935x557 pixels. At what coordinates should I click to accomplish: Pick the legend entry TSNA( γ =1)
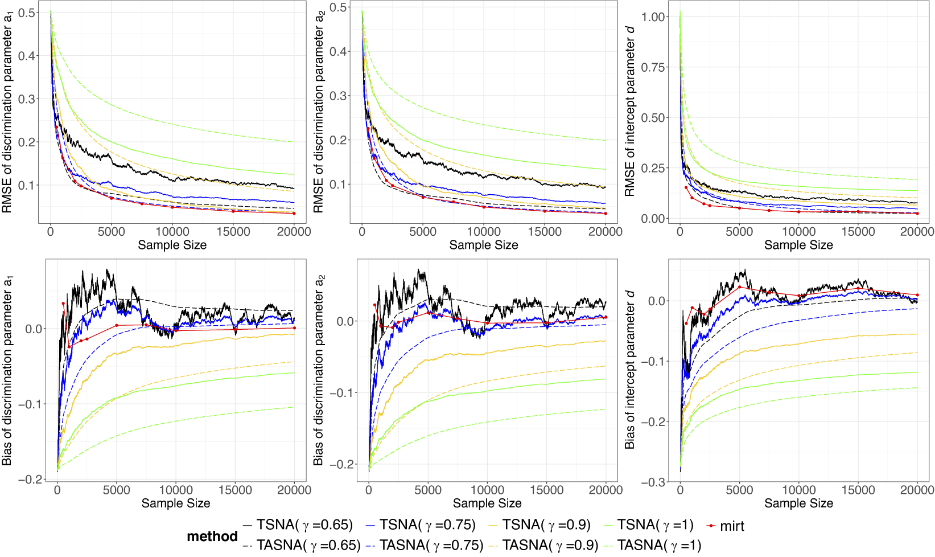[x=655, y=525]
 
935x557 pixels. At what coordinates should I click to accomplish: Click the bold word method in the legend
[x=212, y=536]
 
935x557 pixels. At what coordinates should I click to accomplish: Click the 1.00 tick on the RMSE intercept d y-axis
[x=653, y=17]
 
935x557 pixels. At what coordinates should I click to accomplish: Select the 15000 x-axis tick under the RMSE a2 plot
[x=545, y=231]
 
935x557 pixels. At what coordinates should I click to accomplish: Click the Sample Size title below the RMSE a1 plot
[x=172, y=245]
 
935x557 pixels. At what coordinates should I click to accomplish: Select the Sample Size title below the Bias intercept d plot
[x=798, y=503]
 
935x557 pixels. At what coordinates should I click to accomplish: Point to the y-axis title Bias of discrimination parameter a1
[x=7, y=370]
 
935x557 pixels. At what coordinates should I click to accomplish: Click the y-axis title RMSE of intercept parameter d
[x=630, y=111]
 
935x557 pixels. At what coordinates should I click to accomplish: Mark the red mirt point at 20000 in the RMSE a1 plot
[x=294, y=213]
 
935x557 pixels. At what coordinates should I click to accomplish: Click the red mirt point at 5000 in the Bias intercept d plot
[x=739, y=287]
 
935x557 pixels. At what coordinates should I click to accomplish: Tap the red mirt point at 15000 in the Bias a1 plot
[x=235, y=329]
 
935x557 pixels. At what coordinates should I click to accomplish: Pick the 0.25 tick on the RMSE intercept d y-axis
[x=653, y=168]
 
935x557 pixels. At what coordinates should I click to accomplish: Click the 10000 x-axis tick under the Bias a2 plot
[x=487, y=490]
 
